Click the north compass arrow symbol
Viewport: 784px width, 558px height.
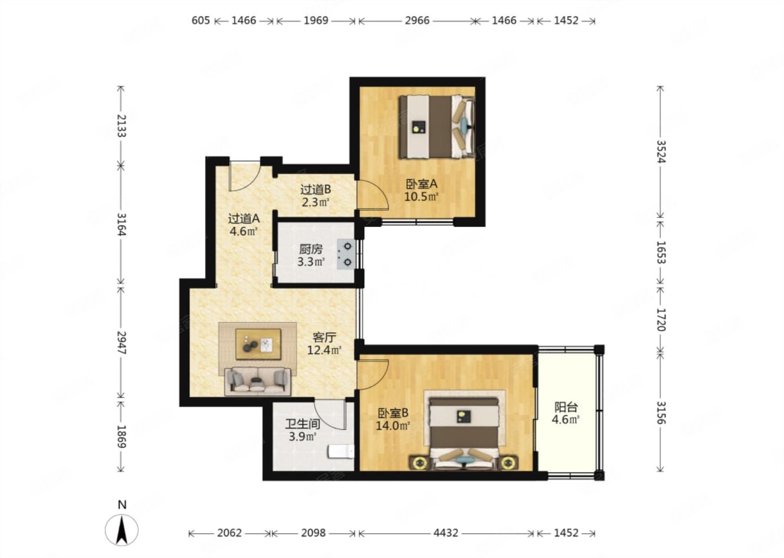(121, 530)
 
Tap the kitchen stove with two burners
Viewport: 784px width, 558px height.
(346, 254)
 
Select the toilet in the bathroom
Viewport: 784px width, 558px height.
(341, 452)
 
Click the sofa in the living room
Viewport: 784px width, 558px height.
(258, 381)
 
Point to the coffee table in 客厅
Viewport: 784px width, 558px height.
(258, 344)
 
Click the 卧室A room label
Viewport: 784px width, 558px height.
(421, 184)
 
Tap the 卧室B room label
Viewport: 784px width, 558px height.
(393, 414)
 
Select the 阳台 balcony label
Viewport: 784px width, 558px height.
(566, 407)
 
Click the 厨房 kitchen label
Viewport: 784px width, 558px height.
(311, 250)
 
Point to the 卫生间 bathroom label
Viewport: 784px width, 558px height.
(303, 424)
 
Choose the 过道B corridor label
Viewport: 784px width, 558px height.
(316, 190)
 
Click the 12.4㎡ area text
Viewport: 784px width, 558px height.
(324, 350)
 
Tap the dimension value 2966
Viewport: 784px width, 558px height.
(417, 21)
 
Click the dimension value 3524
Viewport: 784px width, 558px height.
(660, 151)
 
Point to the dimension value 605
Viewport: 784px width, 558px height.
(200, 21)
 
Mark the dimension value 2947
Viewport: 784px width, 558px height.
(121, 342)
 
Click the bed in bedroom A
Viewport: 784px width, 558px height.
(437, 126)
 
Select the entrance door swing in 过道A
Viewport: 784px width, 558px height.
(245, 176)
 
